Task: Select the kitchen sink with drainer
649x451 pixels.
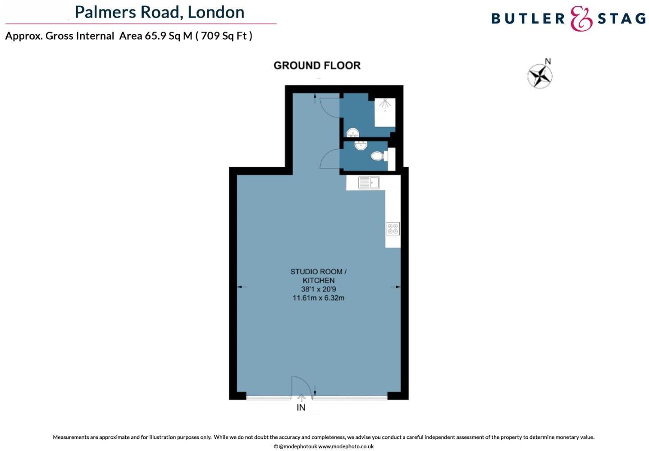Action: click(369, 183)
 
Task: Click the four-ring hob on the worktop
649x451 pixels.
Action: click(393, 229)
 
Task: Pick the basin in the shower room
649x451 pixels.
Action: click(353, 132)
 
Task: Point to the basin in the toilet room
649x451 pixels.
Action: click(361, 145)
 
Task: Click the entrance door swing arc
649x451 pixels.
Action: click(301, 387)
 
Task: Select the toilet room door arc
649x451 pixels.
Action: click(329, 159)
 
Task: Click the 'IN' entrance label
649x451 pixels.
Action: click(301, 408)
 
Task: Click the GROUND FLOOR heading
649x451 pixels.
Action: click(317, 65)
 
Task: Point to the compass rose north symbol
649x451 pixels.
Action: click(540, 75)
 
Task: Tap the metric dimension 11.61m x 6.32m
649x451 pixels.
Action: click(319, 298)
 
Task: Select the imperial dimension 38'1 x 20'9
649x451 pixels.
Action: click(319, 289)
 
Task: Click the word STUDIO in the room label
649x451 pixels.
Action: click(303, 272)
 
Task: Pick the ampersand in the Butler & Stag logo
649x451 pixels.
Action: click(581, 18)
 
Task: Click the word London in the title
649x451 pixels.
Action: click(216, 12)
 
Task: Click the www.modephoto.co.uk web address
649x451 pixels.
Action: click(346, 446)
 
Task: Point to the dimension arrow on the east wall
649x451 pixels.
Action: click(398, 287)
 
